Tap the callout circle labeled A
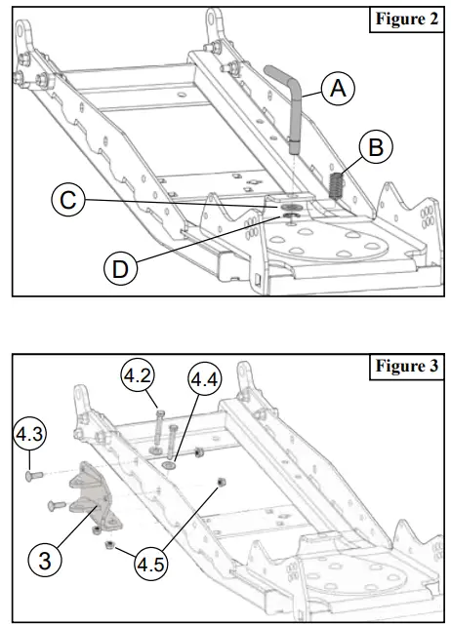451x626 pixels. (337, 89)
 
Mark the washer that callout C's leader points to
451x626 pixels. (291, 207)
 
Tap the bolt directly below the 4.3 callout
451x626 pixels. (31, 476)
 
